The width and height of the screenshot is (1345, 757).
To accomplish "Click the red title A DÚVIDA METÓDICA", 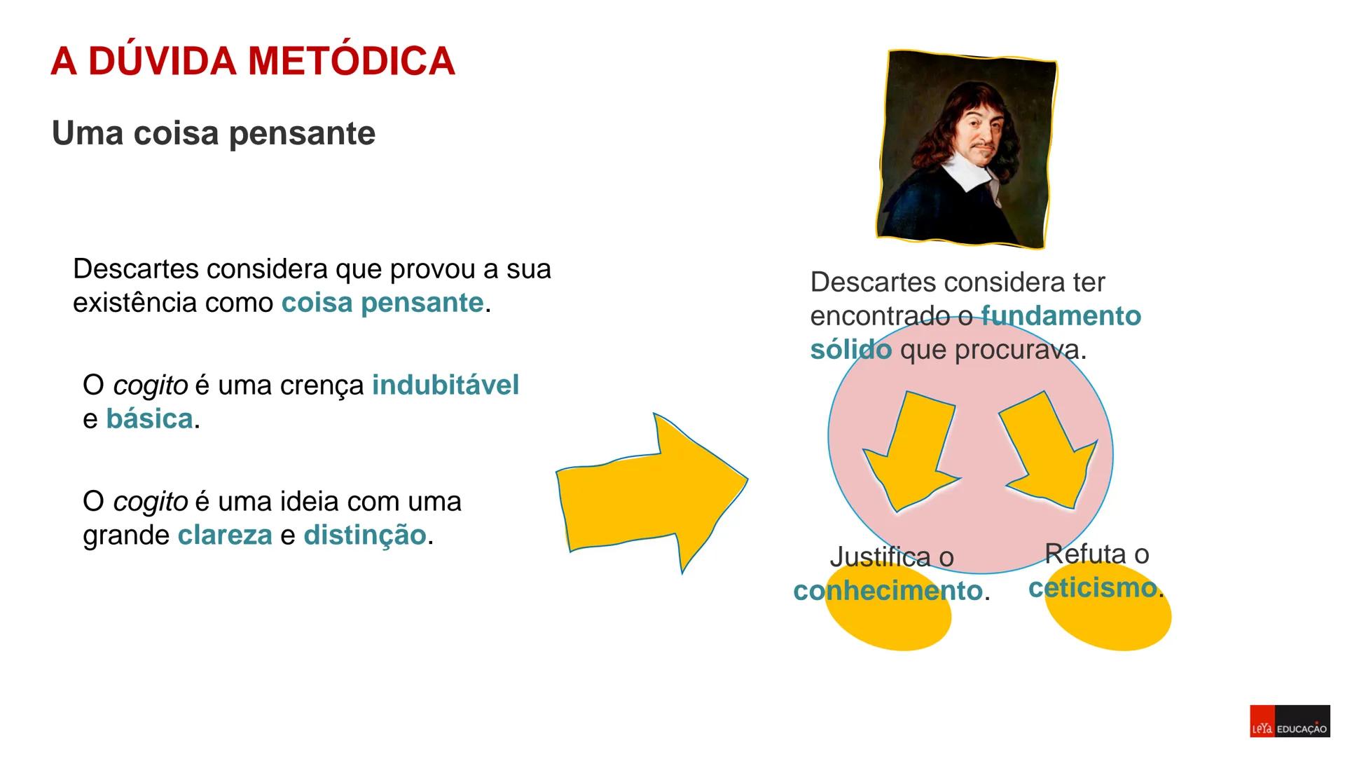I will (253, 61).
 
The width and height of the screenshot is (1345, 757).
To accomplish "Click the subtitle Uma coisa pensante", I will (214, 133).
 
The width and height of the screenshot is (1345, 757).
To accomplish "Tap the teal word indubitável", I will (446, 386).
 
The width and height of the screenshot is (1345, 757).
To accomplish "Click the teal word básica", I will (149, 419).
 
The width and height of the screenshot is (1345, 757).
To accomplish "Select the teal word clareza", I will (225, 536).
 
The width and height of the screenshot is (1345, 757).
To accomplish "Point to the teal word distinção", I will (364, 536).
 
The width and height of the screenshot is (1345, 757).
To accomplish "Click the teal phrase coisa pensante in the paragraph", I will (382, 303).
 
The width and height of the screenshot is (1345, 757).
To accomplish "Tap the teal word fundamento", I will (1061, 316).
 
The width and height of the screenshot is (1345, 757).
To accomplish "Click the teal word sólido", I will (850, 350).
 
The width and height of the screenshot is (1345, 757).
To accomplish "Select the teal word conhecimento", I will (888, 591).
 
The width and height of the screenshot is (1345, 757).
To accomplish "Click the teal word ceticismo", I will (1092, 588).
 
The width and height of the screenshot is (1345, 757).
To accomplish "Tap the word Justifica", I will (880, 557).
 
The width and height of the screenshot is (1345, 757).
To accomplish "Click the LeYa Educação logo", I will (1290, 721).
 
